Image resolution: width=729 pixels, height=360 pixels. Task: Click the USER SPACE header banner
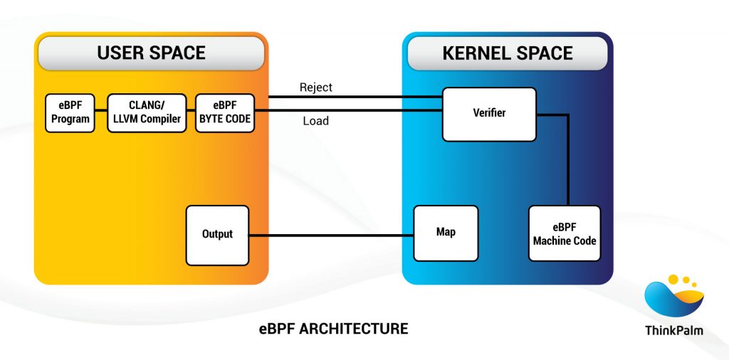point(151,53)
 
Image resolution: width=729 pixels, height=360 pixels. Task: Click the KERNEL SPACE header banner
point(507,53)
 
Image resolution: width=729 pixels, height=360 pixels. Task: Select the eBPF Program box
point(70,113)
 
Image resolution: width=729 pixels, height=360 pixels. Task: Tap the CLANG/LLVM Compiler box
point(147,113)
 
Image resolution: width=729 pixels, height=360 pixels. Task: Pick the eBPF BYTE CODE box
point(225,113)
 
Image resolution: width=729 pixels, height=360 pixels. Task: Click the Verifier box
point(489,114)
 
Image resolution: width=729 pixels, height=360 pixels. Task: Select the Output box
point(217,234)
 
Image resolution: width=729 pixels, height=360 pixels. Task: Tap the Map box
point(446,233)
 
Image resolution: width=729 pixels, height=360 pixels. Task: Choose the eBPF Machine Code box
point(565,233)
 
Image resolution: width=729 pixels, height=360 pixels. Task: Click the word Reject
point(315,88)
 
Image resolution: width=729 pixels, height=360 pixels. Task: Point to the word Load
point(315,121)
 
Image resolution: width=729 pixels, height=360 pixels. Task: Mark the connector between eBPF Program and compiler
point(100,111)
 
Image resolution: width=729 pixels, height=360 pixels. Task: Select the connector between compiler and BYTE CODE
point(190,111)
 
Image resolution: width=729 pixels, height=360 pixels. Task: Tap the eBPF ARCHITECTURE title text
point(333,329)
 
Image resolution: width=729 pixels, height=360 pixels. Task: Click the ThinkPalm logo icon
point(673,297)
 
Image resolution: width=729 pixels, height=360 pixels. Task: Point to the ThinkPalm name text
point(673,330)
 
